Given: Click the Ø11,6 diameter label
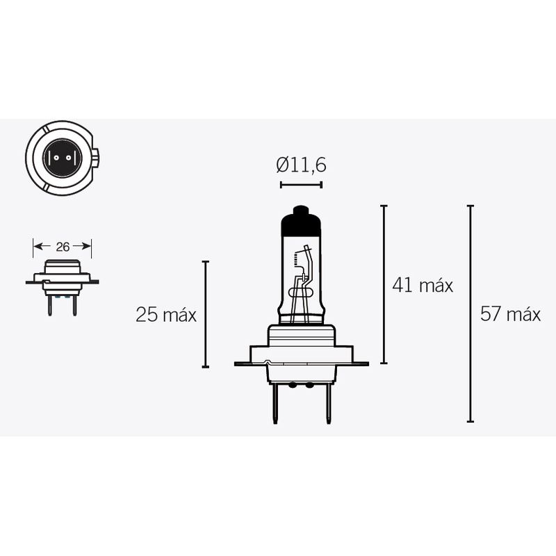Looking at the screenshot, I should coord(301,165).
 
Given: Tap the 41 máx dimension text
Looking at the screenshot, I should coord(423,285).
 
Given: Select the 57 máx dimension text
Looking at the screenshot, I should coord(510,314).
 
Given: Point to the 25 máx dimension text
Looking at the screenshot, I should coord(166,315).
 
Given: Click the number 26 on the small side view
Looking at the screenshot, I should coord(63,247).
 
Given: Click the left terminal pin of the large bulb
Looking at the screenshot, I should coord(276,403).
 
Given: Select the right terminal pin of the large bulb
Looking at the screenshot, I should coord(328,403).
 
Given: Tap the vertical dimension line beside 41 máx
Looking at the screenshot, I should coord(384,285).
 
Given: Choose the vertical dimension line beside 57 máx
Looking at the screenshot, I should coord(471,314).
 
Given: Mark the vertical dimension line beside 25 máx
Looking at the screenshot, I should coord(205,314).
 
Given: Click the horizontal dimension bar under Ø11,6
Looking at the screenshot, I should coord(301,185).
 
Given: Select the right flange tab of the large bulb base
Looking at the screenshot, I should coord(360,363).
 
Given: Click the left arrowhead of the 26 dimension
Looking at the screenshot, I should coord(37,246).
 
